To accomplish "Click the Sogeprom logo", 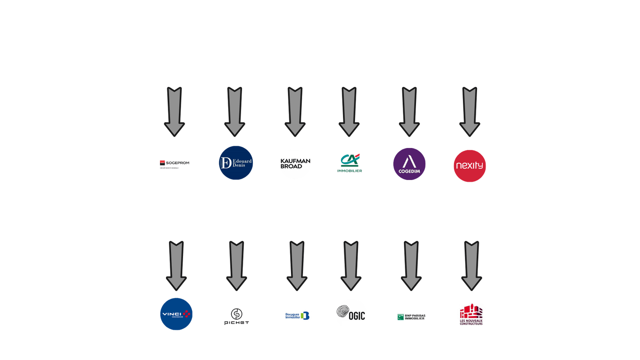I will click(175, 164).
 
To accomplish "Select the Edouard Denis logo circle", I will click(236, 163).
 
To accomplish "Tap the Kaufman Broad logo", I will click(295, 164).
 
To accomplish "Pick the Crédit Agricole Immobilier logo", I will click(349, 163).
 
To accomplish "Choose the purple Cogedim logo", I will click(409, 164).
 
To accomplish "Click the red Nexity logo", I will click(470, 165).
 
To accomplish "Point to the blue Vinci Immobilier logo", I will click(176, 314).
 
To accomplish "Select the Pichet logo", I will click(236, 316).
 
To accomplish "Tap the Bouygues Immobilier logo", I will click(297, 316).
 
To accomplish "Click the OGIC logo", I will click(351, 315).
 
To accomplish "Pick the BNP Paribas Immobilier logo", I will click(411, 317).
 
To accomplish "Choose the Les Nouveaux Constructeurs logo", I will click(471, 314).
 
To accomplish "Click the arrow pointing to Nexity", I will click(470, 112).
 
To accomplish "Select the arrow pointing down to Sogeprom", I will click(175, 112).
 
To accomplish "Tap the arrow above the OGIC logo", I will click(351, 265).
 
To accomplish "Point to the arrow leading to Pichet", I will click(236, 265).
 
